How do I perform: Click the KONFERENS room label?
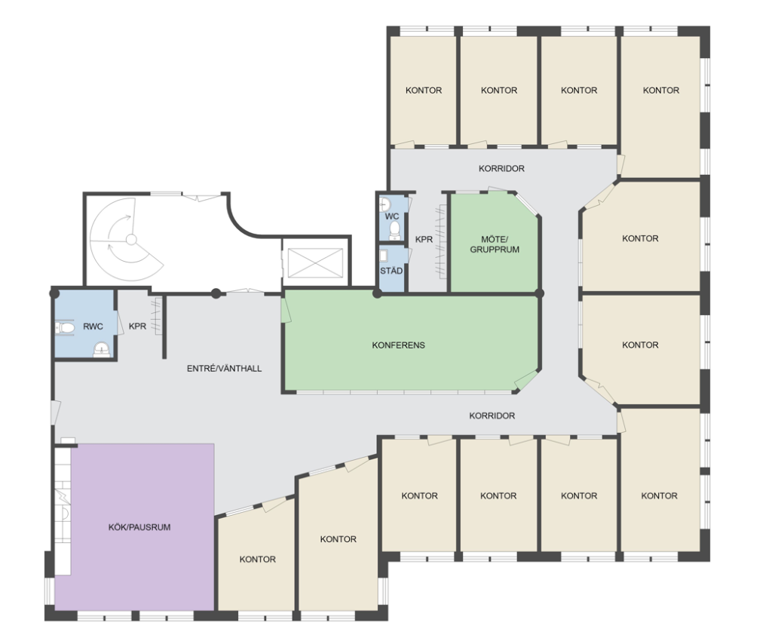pyautogui.click(x=398, y=345)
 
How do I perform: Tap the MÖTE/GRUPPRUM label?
pyautogui.click(x=495, y=244)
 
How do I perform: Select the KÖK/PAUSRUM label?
pyautogui.click(x=139, y=527)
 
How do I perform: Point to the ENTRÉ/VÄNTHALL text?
pyautogui.click(x=224, y=369)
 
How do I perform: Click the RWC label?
pyautogui.click(x=93, y=327)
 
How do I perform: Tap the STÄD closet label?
pyautogui.click(x=391, y=271)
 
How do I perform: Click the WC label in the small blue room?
pyautogui.click(x=392, y=216)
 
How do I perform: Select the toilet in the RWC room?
pyautogui.click(x=64, y=327)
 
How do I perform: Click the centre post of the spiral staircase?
pyautogui.click(x=131, y=240)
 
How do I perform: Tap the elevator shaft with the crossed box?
pyautogui.click(x=315, y=262)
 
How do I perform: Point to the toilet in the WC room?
pyautogui.click(x=394, y=229)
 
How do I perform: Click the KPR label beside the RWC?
pyautogui.click(x=137, y=327)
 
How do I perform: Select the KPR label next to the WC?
pyautogui.click(x=424, y=239)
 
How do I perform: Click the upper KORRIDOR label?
pyautogui.click(x=501, y=169)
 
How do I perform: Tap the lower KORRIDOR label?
pyautogui.click(x=492, y=416)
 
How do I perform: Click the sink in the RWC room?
pyautogui.click(x=102, y=348)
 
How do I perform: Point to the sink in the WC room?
pyautogui.click(x=385, y=204)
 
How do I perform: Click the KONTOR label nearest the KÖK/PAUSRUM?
pyautogui.click(x=258, y=560)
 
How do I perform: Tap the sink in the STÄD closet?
pyautogui.click(x=384, y=255)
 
